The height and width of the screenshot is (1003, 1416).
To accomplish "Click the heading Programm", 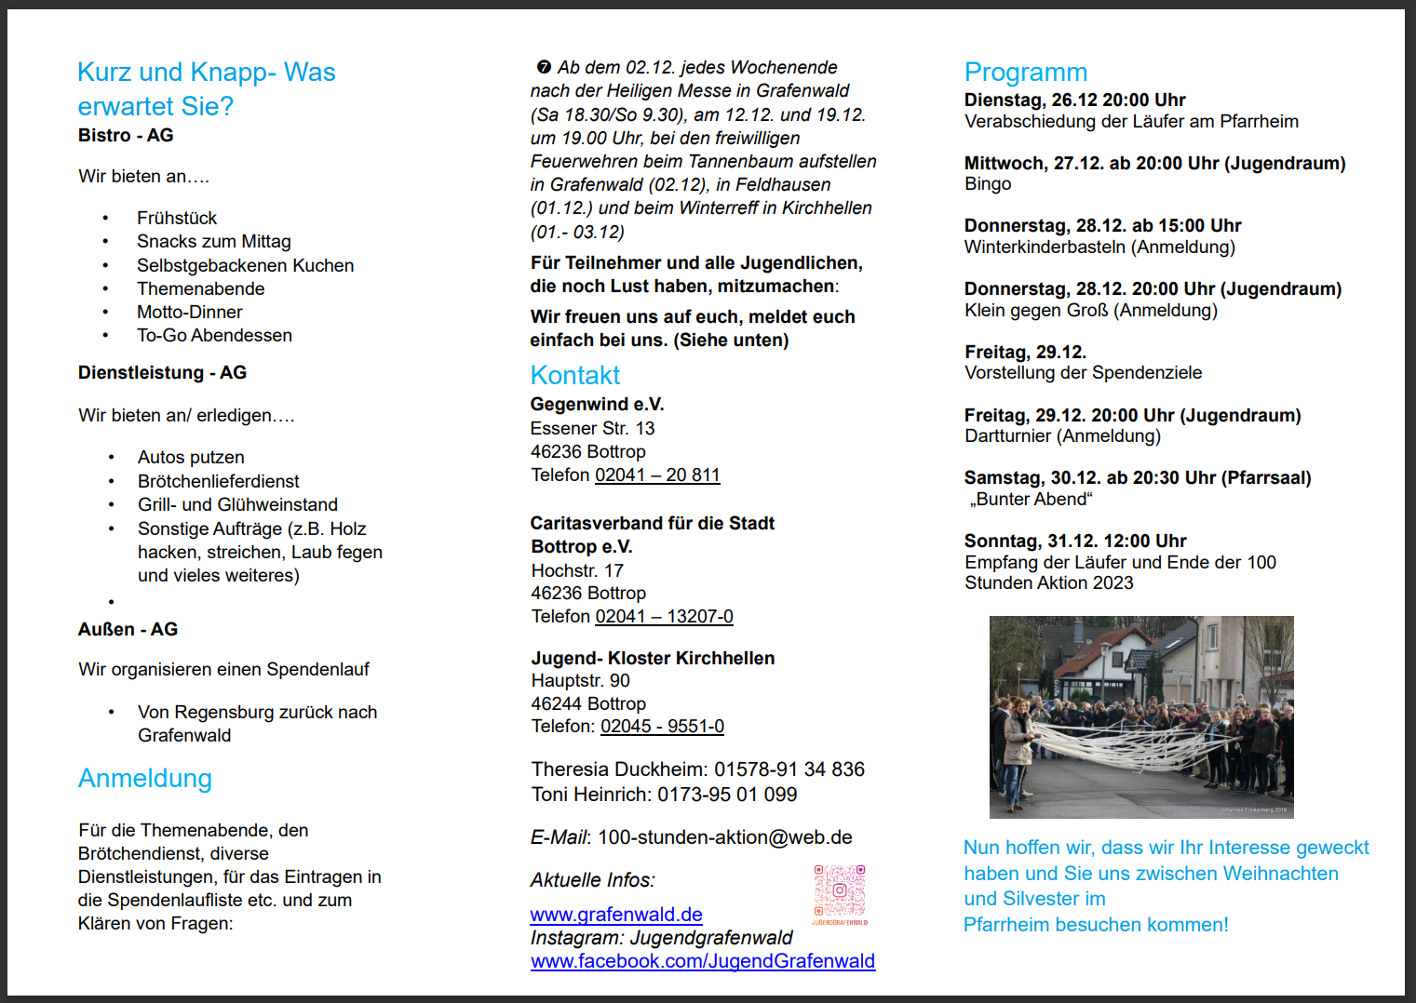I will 1025,73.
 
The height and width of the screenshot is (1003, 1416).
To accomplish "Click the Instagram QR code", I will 840,891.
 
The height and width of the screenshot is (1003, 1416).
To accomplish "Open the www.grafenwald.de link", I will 616,915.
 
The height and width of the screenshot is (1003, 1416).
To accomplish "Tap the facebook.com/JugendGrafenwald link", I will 703,961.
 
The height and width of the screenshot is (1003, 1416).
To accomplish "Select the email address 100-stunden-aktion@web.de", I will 724,837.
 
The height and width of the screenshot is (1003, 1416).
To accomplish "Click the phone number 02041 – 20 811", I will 657,475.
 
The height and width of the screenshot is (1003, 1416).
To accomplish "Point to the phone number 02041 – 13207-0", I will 664,617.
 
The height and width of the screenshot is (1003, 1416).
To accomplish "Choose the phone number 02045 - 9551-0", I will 662,727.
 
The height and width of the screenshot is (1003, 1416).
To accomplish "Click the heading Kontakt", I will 574,375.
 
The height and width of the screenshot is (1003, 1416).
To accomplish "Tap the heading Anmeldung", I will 144,778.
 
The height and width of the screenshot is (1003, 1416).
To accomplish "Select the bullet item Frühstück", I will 176,218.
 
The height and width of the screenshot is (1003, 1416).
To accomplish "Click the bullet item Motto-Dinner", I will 189,312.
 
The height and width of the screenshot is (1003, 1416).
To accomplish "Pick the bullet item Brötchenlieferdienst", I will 218,481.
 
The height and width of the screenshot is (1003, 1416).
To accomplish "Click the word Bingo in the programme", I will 988,184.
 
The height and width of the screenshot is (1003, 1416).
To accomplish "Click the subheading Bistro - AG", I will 126,136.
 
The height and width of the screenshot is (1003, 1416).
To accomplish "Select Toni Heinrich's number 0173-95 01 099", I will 727,795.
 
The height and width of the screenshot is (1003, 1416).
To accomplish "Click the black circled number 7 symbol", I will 544,68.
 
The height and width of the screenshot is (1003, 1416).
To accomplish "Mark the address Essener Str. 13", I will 592,428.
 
